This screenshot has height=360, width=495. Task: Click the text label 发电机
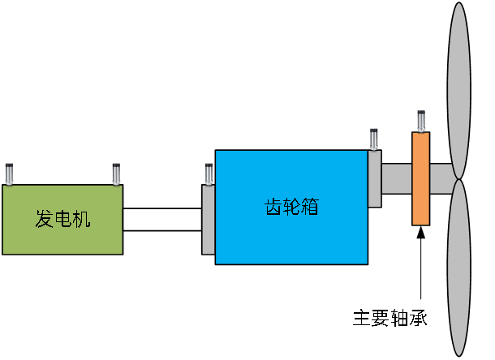(x=62, y=219)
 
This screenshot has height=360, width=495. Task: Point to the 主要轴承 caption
(x=390, y=318)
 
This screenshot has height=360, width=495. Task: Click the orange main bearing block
(x=421, y=178)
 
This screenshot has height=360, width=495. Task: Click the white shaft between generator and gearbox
(x=161, y=219)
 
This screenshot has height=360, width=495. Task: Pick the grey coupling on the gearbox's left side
(x=208, y=219)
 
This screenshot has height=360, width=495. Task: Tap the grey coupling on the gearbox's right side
(x=374, y=178)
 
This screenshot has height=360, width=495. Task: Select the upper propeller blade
(x=459, y=89)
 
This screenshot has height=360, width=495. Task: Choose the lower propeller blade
(x=459, y=268)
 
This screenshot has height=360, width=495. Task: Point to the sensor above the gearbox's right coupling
(x=374, y=139)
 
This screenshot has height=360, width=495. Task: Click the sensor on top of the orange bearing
(x=421, y=121)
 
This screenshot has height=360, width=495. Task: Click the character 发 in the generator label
(x=44, y=219)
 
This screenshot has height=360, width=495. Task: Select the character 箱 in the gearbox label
(x=309, y=206)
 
